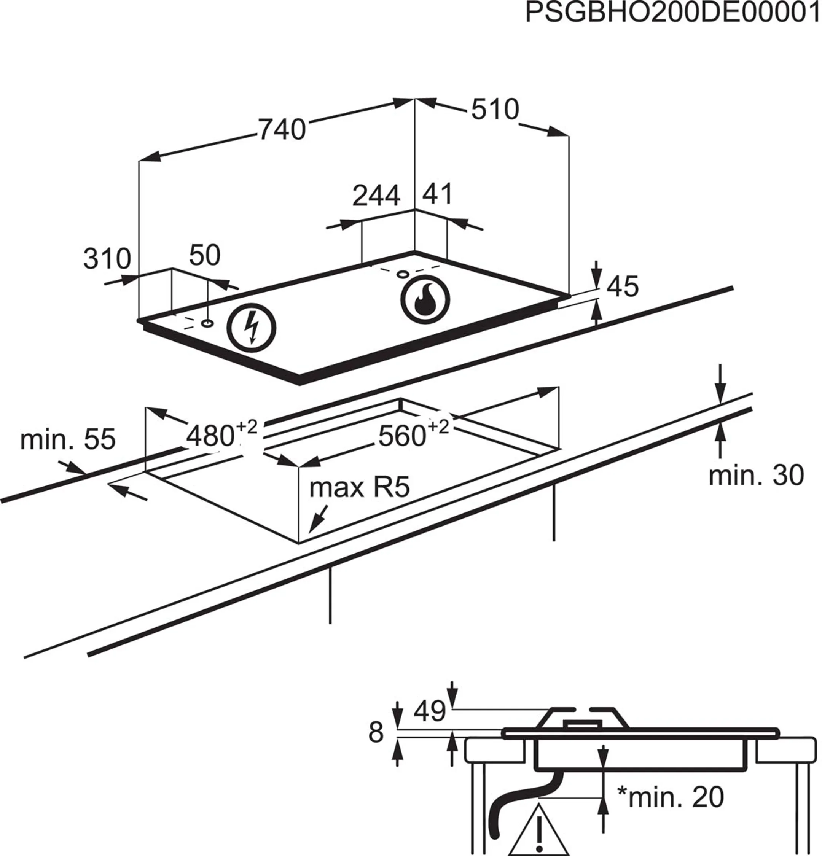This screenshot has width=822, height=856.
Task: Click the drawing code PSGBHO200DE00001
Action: click(672, 13)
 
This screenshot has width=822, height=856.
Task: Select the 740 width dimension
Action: click(282, 130)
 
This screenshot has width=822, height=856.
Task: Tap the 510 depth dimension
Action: click(495, 109)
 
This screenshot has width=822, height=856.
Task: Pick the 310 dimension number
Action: click(107, 259)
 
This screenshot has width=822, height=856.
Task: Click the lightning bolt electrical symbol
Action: click(251, 328)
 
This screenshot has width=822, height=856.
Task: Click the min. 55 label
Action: click(68, 439)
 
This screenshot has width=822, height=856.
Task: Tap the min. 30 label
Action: click(756, 475)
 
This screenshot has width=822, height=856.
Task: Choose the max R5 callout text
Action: click(359, 487)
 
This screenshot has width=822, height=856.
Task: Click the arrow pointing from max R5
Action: click(318, 519)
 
